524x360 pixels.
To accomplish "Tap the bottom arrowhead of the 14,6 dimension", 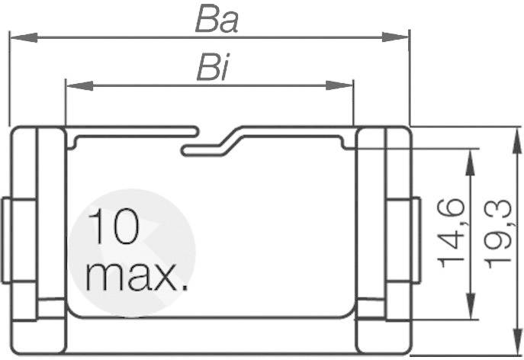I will pos(470,310).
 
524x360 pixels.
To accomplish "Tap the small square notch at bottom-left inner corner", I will pos(51,308).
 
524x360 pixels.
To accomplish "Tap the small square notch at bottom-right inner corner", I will pos(371,308).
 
